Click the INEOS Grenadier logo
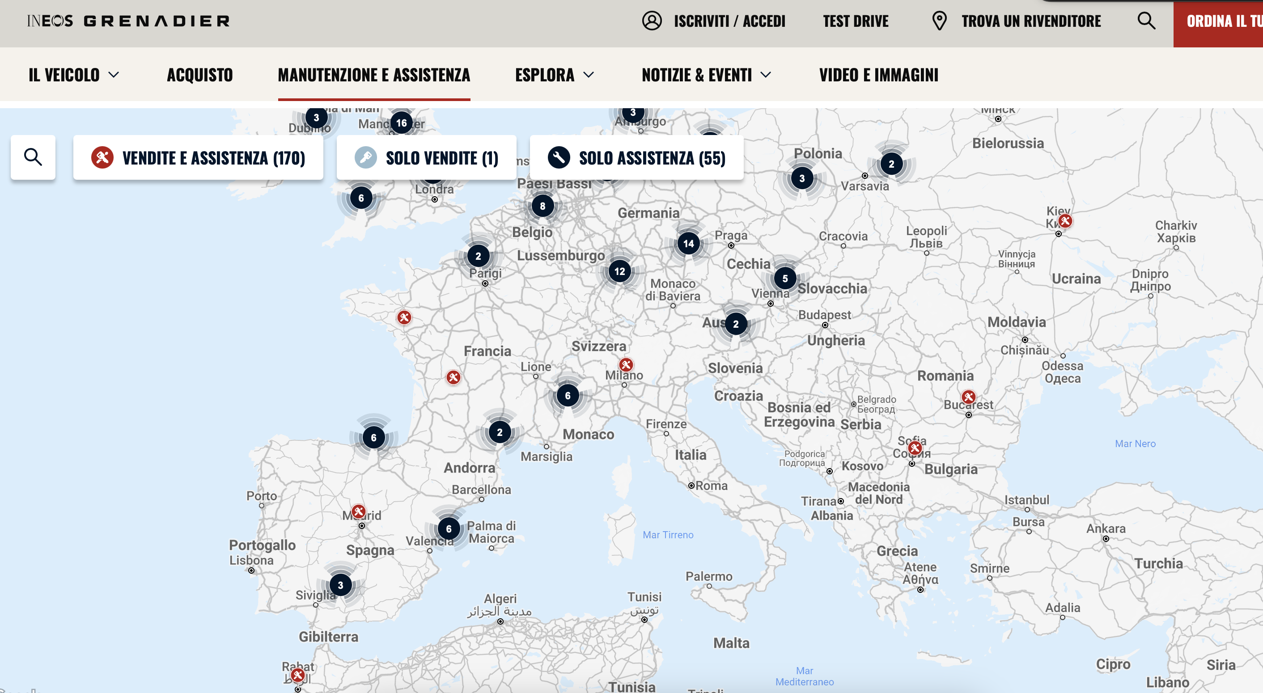128,21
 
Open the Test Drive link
856,21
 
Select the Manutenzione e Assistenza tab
373,75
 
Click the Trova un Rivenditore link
1030,21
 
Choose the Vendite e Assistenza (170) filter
198,158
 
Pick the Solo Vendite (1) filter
426,158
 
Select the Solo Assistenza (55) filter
636,158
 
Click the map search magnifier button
33,157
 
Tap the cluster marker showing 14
688,244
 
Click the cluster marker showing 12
620,271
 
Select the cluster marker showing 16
402,123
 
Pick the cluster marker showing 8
542,206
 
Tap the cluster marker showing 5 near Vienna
785,279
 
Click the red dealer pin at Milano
626,364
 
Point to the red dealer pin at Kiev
1065,221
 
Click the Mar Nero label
1135,444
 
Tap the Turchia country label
1158,564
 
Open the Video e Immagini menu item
879,75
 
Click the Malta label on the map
731,643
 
